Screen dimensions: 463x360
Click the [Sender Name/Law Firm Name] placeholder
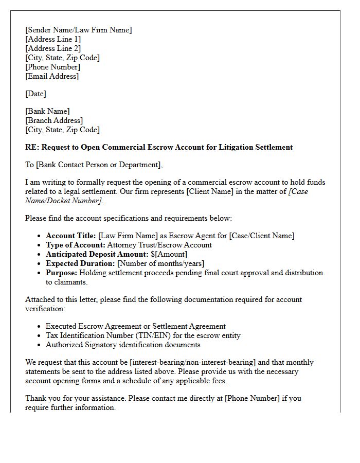[x=78, y=30]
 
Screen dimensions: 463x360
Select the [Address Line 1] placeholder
[x=53, y=39]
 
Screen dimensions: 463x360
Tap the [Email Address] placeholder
[x=52, y=76]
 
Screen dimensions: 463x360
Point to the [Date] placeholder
[x=35, y=94]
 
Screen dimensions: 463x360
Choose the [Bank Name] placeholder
[x=47, y=111]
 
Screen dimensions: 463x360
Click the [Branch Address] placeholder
[x=54, y=120]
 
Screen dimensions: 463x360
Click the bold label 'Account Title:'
[x=70, y=236]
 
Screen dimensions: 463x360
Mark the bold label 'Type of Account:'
[x=75, y=245]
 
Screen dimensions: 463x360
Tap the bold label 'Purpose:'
[x=61, y=273]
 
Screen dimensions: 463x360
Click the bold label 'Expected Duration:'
[x=80, y=263]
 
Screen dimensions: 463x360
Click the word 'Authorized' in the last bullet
[x=64, y=345]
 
